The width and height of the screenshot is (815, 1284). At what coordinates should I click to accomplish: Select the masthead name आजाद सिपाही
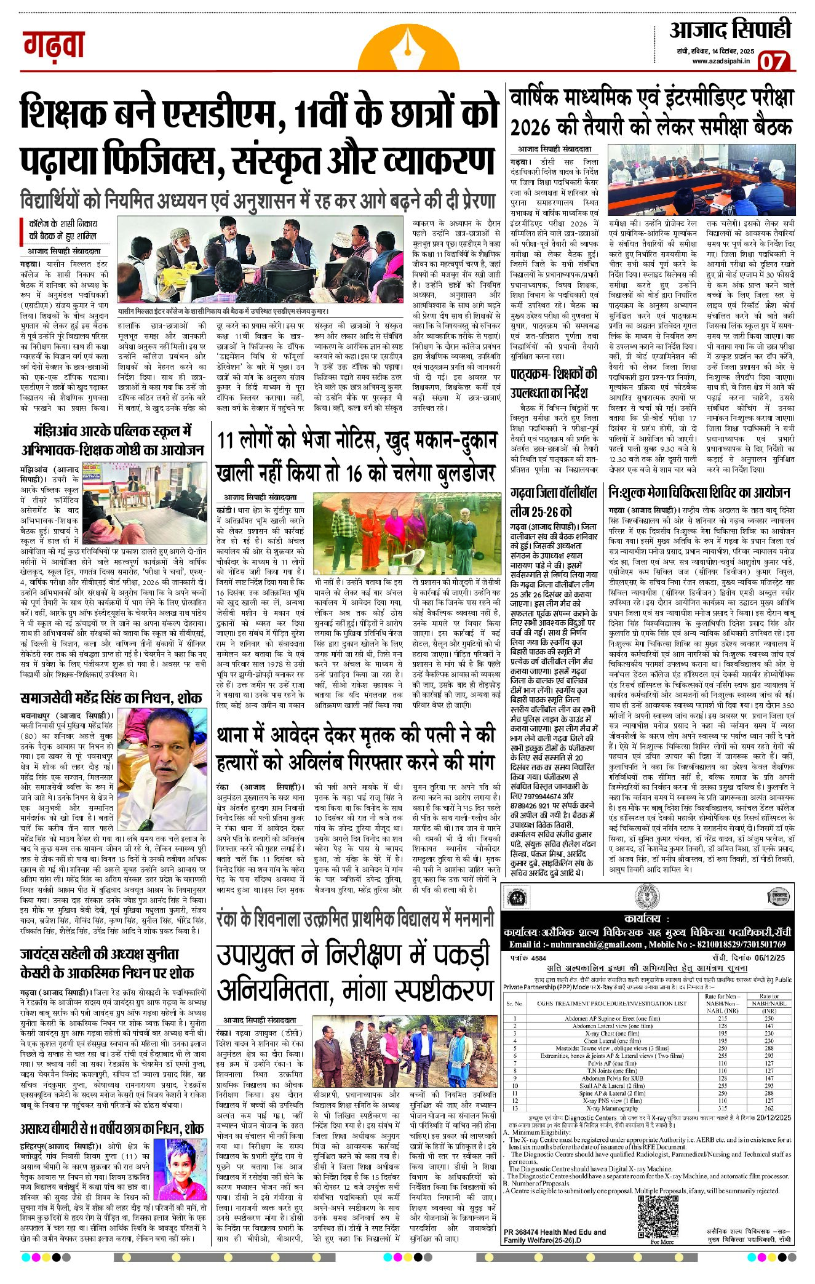click(x=730, y=30)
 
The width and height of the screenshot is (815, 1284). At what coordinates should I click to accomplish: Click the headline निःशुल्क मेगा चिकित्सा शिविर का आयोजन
click(x=699, y=493)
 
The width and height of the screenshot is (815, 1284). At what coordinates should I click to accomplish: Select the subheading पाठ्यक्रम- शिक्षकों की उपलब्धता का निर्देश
click(x=553, y=383)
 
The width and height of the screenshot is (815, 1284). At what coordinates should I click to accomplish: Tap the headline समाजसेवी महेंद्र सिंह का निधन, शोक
click(x=110, y=698)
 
